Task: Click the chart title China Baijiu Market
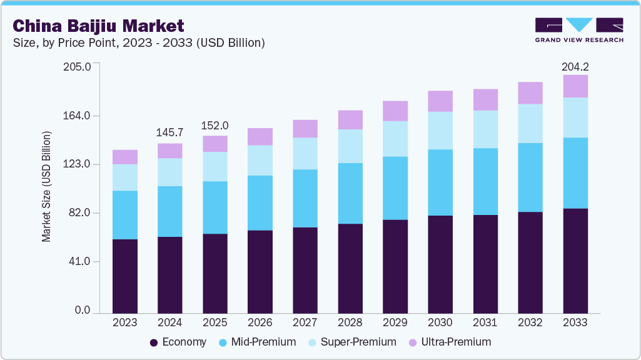click(98, 26)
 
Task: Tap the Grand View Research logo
click(578, 29)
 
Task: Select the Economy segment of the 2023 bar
click(124, 276)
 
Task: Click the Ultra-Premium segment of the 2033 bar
click(575, 86)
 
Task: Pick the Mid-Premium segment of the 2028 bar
click(350, 193)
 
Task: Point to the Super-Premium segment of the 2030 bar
click(440, 131)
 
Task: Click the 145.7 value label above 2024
click(170, 132)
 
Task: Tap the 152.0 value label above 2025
click(215, 125)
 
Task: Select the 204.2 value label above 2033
click(575, 66)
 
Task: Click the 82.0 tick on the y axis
click(79, 213)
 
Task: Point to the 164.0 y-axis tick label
click(77, 116)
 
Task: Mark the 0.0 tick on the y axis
click(83, 311)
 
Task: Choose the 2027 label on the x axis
click(305, 322)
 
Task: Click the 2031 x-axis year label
click(485, 322)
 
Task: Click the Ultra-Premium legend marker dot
click(412, 342)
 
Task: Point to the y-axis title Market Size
click(46, 187)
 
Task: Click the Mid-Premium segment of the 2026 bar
click(260, 202)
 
